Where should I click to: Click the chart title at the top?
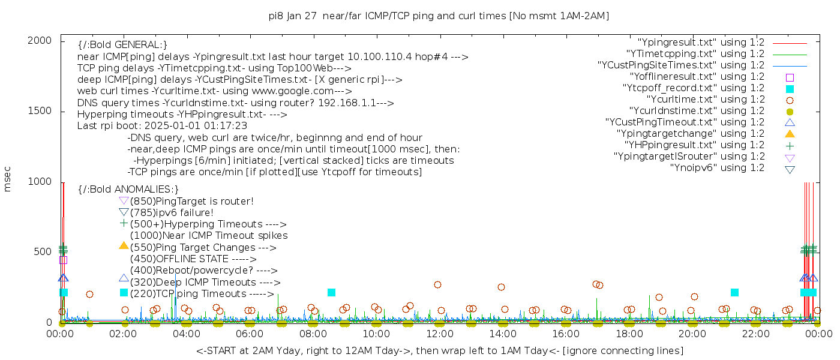click(439, 16)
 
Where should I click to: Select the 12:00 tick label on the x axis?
click(439, 334)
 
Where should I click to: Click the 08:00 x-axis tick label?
click(313, 334)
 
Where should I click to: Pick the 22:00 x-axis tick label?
click(755, 334)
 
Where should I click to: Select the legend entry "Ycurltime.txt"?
click(705, 100)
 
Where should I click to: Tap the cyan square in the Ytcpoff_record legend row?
click(790, 89)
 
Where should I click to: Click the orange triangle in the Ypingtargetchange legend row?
click(790, 134)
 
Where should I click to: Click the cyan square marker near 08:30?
click(331, 292)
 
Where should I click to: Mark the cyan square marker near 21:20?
click(734, 292)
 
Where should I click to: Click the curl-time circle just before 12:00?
click(437, 285)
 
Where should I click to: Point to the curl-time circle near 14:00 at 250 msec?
click(501, 287)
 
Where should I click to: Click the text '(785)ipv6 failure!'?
click(172, 213)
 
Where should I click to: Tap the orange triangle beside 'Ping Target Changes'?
click(124, 246)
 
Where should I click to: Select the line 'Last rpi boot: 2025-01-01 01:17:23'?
click(162, 126)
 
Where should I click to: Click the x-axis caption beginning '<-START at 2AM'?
click(439, 350)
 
